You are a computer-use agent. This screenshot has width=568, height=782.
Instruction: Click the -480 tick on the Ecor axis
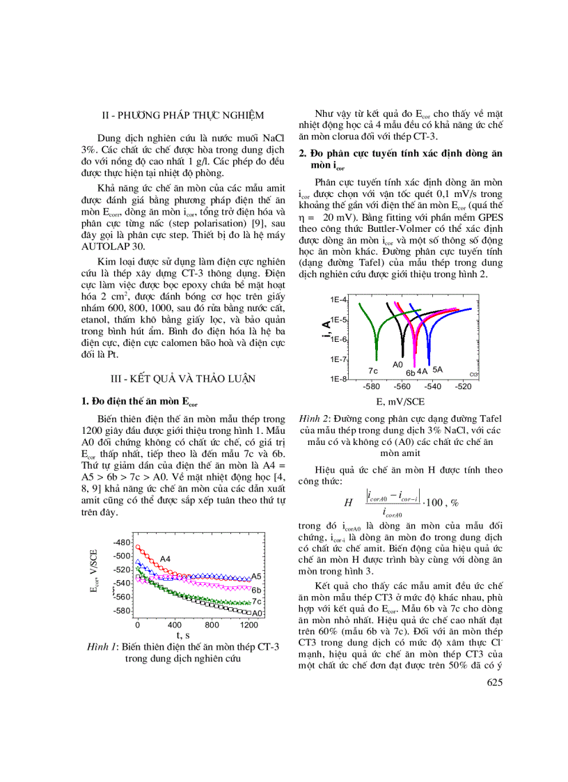(x=121, y=542)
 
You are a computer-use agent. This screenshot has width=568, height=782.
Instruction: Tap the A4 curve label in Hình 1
(x=166, y=558)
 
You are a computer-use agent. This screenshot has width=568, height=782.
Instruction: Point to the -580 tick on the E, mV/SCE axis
(x=371, y=386)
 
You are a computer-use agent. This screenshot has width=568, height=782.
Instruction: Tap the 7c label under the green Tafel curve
(x=372, y=370)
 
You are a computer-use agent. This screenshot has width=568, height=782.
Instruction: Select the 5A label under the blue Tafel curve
(x=438, y=369)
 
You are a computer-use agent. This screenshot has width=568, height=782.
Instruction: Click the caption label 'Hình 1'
(x=101, y=647)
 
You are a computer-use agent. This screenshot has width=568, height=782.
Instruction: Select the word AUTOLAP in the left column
(x=106, y=247)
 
